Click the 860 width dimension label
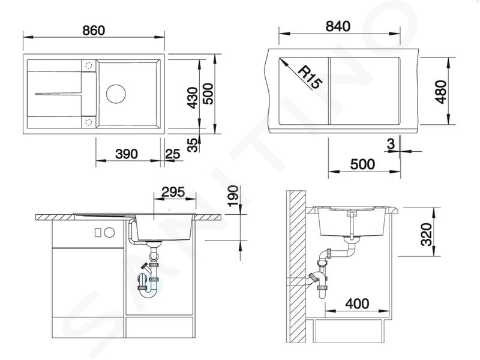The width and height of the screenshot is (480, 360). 94,31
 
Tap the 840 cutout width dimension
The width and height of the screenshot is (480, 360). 338,26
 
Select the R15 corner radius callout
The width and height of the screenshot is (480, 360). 310,78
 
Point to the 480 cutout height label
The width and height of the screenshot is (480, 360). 441,92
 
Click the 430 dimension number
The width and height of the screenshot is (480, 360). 193,98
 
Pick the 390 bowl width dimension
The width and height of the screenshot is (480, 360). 127,154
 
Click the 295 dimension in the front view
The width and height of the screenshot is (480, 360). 173,192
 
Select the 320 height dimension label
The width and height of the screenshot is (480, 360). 426,235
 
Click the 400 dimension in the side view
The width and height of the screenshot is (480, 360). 357,304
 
